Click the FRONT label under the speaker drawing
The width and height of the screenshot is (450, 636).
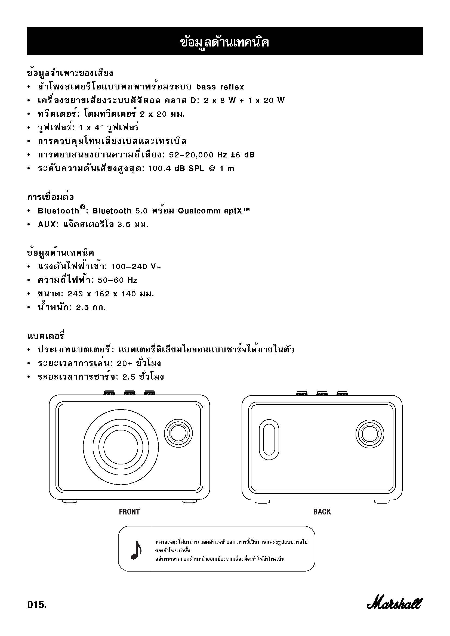(129, 512)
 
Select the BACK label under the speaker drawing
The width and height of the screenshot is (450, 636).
(322, 512)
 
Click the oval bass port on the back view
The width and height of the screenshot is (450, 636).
(269, 440)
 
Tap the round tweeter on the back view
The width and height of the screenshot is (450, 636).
(370, 435)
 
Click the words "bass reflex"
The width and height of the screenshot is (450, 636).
(220, 87)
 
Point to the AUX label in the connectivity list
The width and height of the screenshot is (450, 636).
(47, 224)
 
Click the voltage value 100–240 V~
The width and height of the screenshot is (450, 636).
(136, 267)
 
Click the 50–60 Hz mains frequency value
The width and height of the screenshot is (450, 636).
(118, 280)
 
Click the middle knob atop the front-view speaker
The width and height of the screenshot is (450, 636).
(130, 393)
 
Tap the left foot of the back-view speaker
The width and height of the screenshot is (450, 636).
(262, 502)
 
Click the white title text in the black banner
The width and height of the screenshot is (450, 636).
(225, 43)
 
